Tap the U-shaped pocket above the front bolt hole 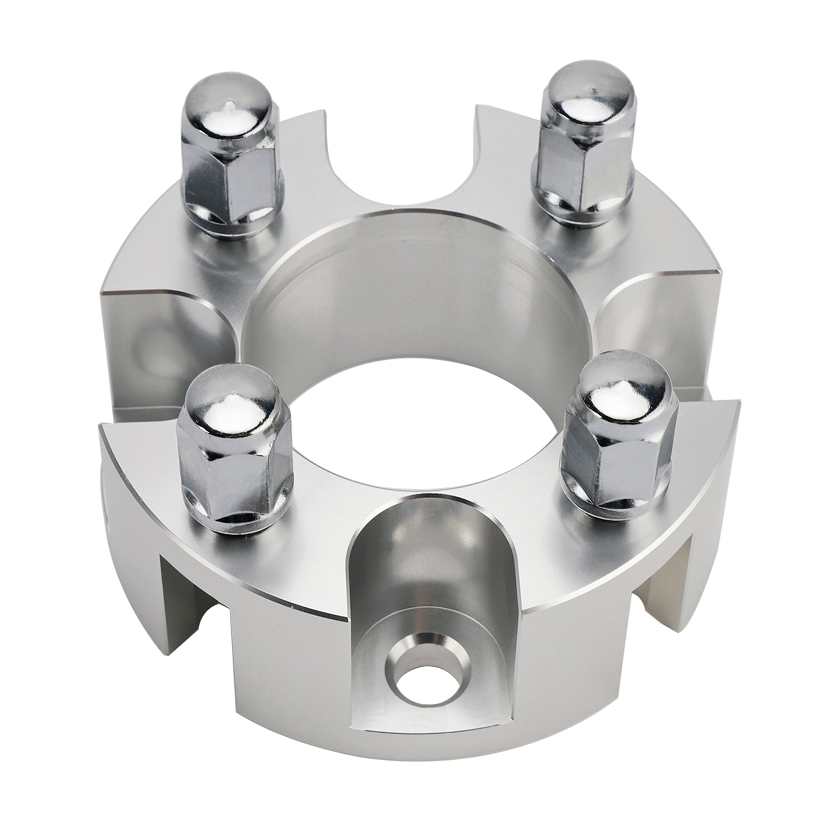click(421, 567)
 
